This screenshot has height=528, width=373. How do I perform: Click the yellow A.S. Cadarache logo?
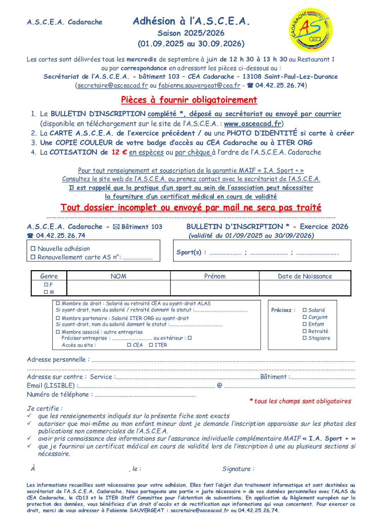pyautogui.click(x=311, y=30)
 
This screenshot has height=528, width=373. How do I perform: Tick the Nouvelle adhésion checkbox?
pyautogui.click(x=33, y=249)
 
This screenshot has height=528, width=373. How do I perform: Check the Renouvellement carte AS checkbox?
pyautogui.click(x=33, y=257)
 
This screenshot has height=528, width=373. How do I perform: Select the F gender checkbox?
pyautogui.click(x=46, y=284)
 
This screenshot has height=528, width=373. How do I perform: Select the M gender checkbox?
pyautogui.click(x=46, y=292)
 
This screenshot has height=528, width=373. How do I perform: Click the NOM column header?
pyautogui.click(x=118, y=276)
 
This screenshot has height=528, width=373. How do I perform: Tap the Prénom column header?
pyautogui.click(x=215, y=276)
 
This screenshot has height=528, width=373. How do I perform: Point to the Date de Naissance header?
pyautogui.click(x=305, y=276)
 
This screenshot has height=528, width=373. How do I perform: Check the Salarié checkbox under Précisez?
pyautogui.click(x=305, y=310)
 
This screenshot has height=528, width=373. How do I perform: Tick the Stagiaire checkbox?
pyautogui.click(x=305, y=338)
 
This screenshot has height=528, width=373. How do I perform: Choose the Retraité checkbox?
pyautogui.click(x=305, y=331)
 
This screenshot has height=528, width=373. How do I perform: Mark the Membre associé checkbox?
pyautogui.click(x=58, y=332)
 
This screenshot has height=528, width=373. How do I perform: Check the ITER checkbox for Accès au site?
pyautogui.click(x=151, y=345)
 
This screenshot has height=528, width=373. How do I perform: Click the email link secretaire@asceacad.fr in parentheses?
pyautogui.click(x=112, y=85)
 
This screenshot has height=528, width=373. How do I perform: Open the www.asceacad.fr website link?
pyautogui.click(x=252, y=124)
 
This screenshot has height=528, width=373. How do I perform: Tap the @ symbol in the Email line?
pyautogui.click(x=220, y=385)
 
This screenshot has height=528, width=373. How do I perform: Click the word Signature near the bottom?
pyautogui.click(x=236, y=469)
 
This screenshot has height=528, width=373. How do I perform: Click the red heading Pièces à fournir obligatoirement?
pyautogui.click(x=189, y=100)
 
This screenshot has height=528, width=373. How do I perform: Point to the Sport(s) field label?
pyautogui.click(x=189, y=252)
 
